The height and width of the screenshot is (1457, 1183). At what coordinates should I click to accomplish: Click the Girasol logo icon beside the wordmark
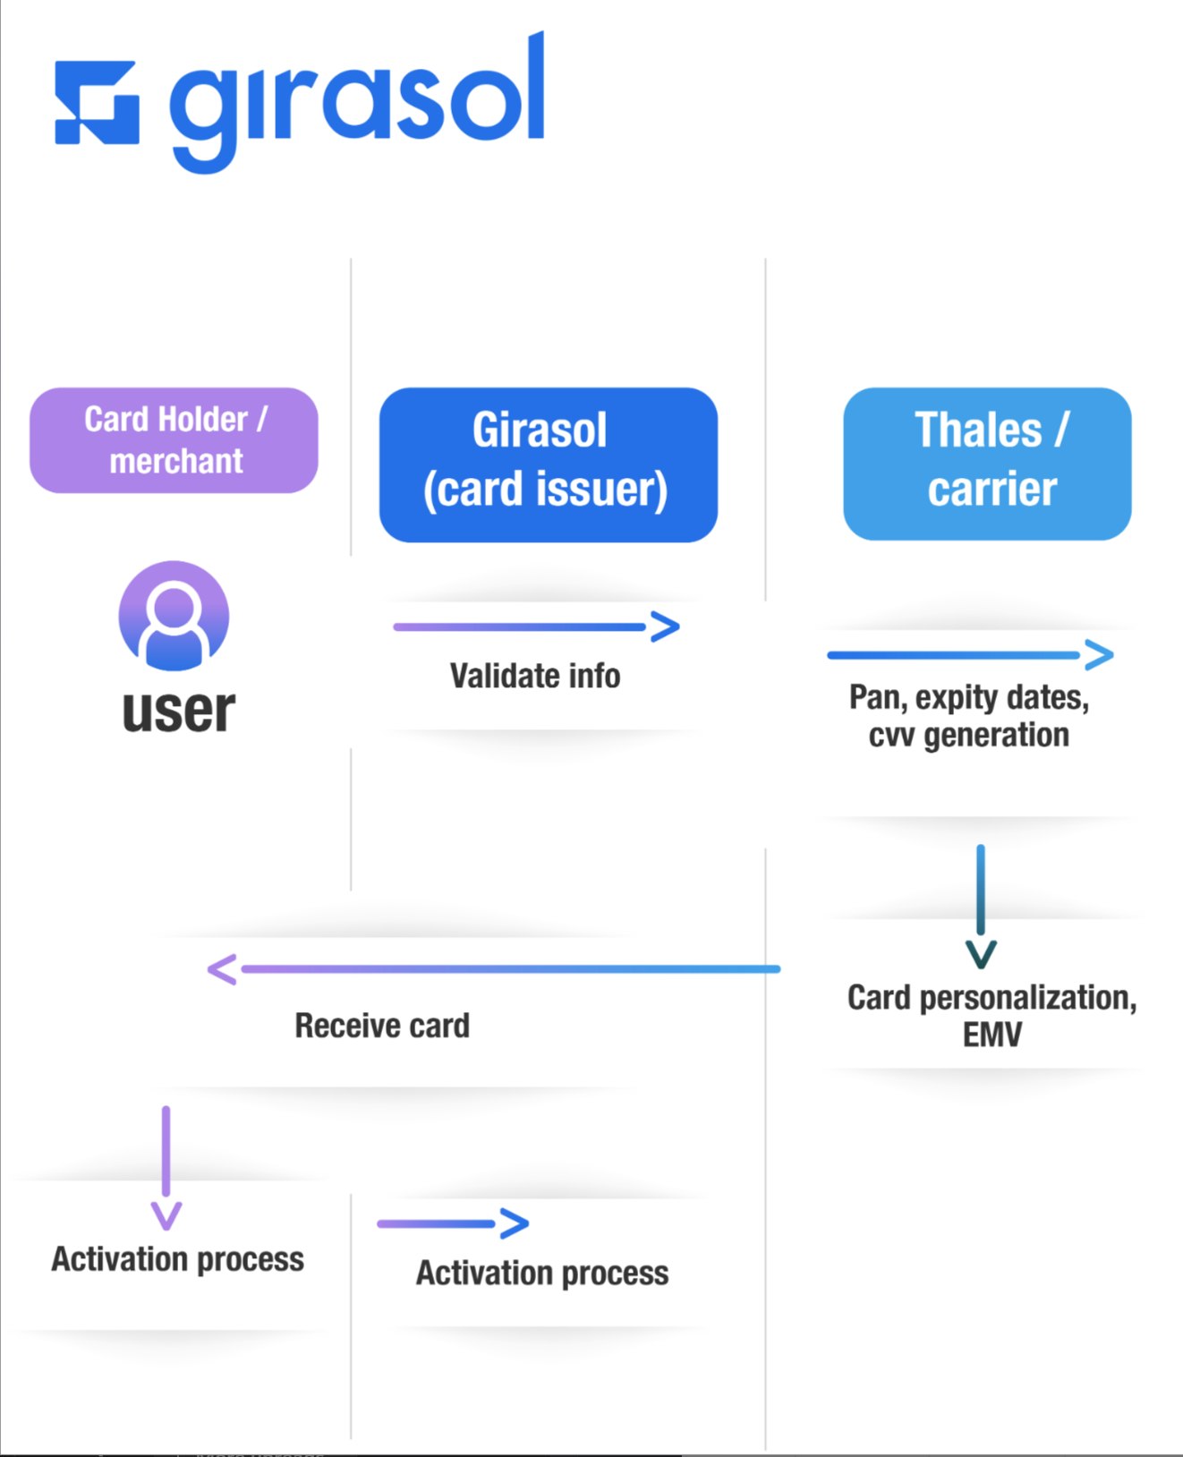pyautogui.click(x=97, y=102)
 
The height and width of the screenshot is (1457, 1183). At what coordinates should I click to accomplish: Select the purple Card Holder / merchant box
pyautogui.click(x=174, y=440)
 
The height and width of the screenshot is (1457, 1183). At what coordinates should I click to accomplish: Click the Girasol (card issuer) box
pyautogui.click(x=548, y=464)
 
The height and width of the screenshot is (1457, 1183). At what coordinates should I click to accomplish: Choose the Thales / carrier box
pyautogui.click(x=987, y=464)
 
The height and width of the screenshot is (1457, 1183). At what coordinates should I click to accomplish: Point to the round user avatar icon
pyautogui.click(x=174, y=616)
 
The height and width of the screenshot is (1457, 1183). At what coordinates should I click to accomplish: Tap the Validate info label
pyautogui.click(x=534, y=676)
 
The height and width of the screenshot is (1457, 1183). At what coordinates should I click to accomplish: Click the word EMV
pyautogui.click(x=992, y=1035)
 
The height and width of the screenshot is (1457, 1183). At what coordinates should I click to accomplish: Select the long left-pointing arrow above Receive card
pyautogui.click(x=492, y=969)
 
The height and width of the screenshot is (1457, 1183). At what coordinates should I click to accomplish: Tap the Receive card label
pyautogui.click(x=382, y=1026)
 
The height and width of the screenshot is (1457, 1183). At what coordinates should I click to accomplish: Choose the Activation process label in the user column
pyautogui.click(x=177, y=1259)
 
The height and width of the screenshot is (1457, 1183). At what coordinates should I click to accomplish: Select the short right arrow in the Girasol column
pyautogui.click(x=452, y=1223)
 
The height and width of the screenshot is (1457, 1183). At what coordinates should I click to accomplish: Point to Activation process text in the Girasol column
pyautogui.click(x=541, y=1273)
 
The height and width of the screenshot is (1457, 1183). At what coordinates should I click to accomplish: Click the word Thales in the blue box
pyautogui.click(x=978, y=430)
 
